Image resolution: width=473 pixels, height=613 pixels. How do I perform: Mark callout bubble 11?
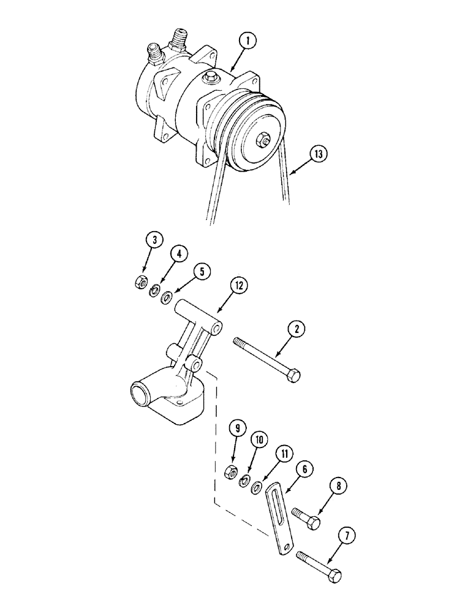(x=282, y=454)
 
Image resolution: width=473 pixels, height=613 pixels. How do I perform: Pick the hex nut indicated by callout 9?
(x=232, y=470)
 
